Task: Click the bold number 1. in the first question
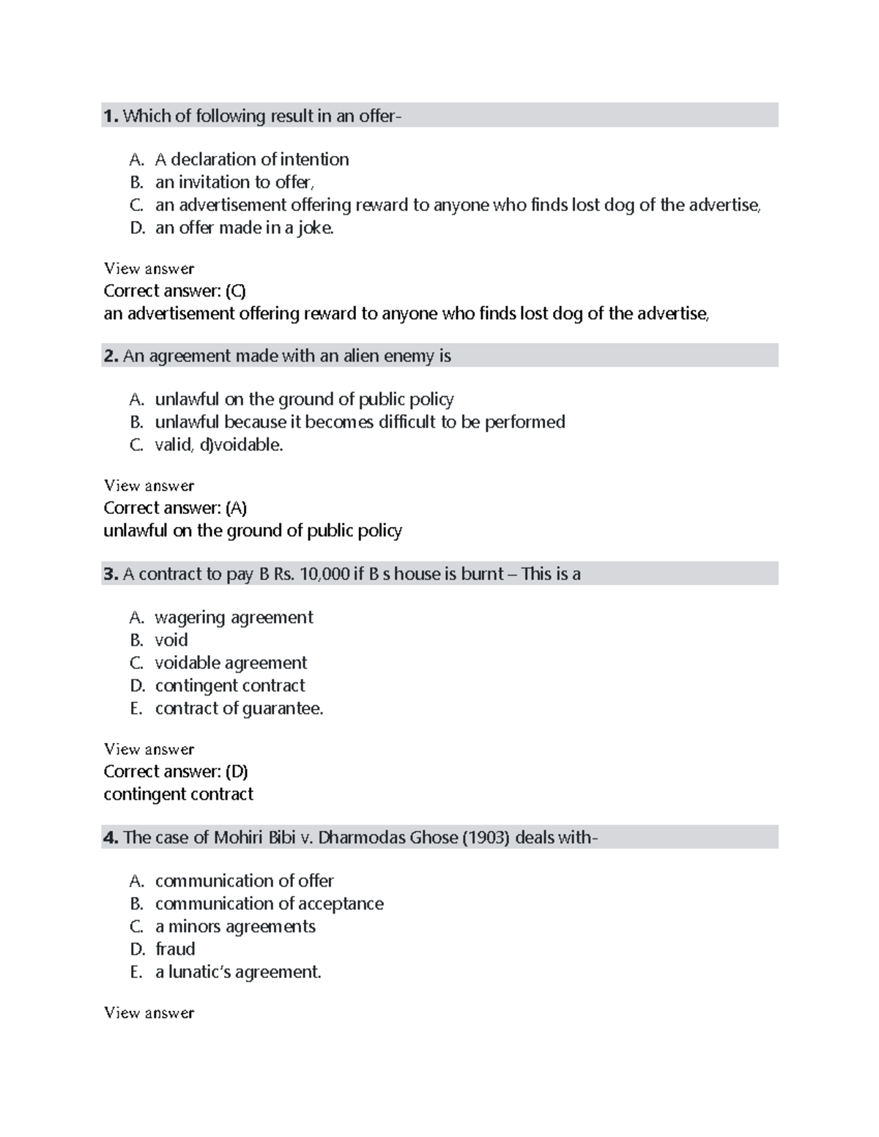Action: tap(111, 116)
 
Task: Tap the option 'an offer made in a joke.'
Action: tap(244, 228)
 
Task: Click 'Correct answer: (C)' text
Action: tap(174, 291)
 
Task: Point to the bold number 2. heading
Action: tap(111, 357)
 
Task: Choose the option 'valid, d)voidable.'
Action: tap(218, 444)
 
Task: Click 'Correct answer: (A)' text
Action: tap(174, 508)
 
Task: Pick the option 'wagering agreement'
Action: tap(234, 617)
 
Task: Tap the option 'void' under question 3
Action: tap(171, 640)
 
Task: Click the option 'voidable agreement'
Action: tap(231, 663)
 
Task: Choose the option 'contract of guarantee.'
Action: tap(239, 708)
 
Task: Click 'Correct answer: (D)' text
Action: tap(175, 772)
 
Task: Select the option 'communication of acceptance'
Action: tap(269, 903)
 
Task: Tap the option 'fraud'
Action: tap(175, 949)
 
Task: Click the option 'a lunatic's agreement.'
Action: tap(238, 972)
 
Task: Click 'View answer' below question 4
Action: tap(149, 1013)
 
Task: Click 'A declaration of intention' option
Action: tap(251, 160)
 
